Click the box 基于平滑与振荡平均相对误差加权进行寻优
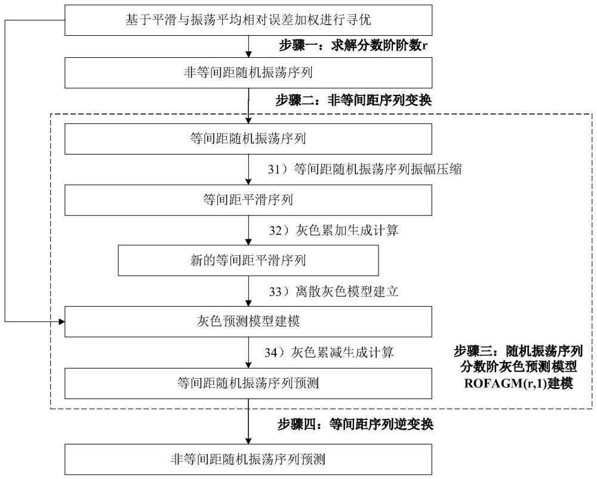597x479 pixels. [x=247, y=20]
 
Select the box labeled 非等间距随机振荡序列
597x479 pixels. [x=247, y=73]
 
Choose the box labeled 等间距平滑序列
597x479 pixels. [x=247, y=200]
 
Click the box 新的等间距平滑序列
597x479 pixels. [x=248, y=260]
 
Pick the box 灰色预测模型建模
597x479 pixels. [x=247, y=322]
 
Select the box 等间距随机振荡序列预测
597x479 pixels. [x=247, y=383]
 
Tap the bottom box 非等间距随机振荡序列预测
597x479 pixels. [x=247, y=459]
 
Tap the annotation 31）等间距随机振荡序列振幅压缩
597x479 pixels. [x=364, y=169]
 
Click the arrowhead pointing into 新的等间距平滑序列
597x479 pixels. [x=247, y=242]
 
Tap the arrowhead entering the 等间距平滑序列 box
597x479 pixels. [x=247, y=181]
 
